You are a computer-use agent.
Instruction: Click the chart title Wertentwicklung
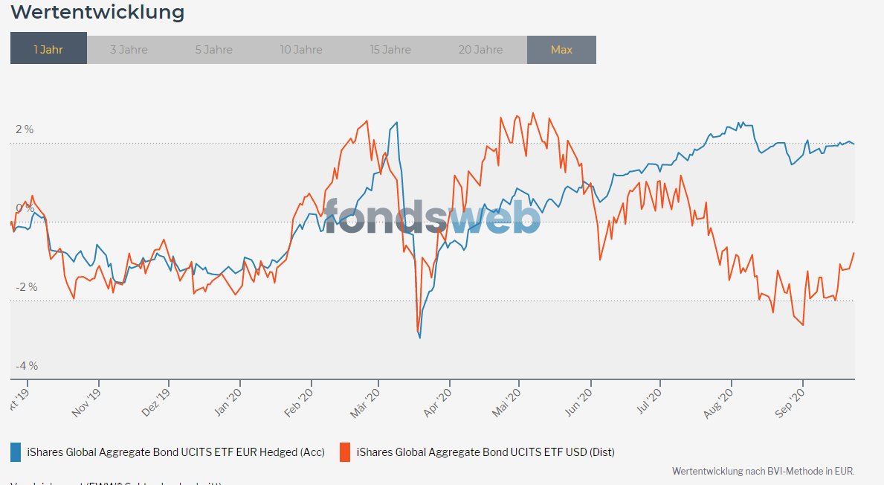[97, 13]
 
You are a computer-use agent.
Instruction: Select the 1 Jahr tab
[48, 50]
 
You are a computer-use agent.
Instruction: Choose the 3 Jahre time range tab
[129, 50]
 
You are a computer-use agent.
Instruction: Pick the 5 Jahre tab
[214, 50]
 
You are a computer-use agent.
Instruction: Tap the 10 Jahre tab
[301, 50]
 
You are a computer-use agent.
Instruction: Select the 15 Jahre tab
[390, 50]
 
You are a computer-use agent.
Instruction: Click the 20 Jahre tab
[480, 50]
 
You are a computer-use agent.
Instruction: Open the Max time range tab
[561, 50]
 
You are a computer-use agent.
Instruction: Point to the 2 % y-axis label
[25, 129]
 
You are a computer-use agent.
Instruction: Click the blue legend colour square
[16, 452]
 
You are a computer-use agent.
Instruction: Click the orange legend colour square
[345, 452]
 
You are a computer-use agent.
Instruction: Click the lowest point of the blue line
[420, 338]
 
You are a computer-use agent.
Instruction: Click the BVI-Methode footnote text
[763, 471]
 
